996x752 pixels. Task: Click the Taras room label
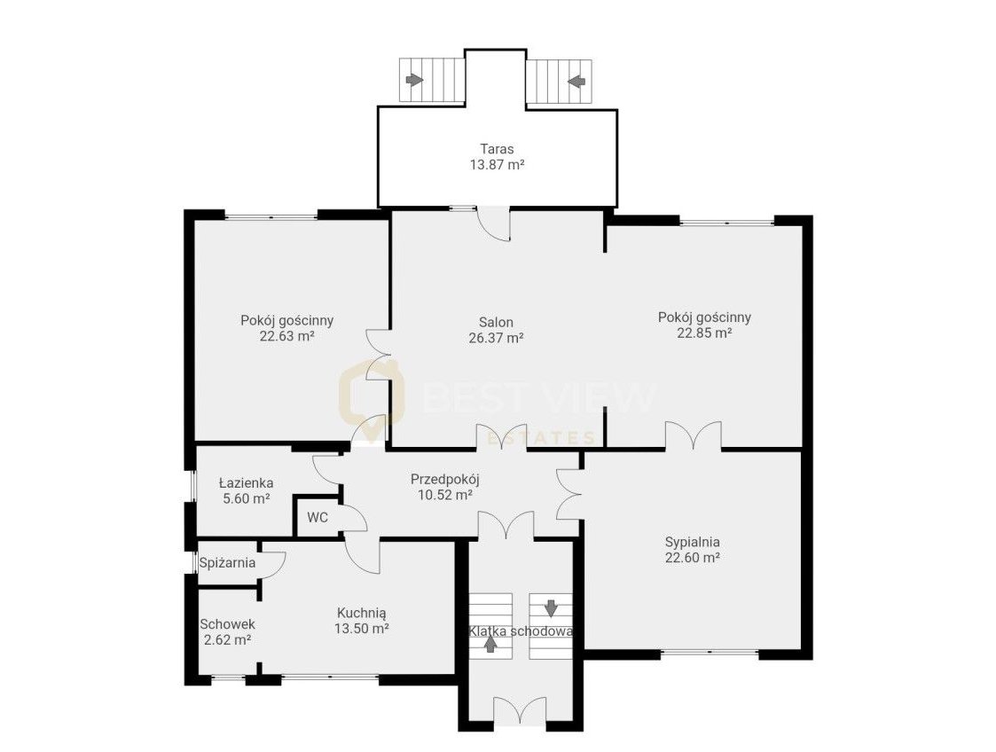point(497,149)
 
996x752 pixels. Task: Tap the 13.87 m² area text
point(497,165)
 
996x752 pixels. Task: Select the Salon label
point(496,323)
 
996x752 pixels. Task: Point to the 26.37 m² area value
point(496,338)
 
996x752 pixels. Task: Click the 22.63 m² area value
point(287,336)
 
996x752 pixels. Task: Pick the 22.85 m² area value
point(704,333)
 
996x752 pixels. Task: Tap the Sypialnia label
point(693,543)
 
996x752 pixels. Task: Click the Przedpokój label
point(444,480)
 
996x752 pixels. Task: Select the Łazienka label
point(247,483)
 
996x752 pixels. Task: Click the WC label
point(318,518)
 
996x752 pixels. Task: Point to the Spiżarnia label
point(227,563)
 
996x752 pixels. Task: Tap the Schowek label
point(227,624)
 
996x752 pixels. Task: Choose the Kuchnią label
point(362,614)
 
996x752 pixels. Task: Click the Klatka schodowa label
point(521,631)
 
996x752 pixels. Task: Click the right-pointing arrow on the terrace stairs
point(415,80)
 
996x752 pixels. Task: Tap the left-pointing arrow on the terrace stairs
point(576,81)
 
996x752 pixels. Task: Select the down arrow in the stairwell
point(551,607)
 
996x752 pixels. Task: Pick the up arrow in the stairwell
point(490,644)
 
